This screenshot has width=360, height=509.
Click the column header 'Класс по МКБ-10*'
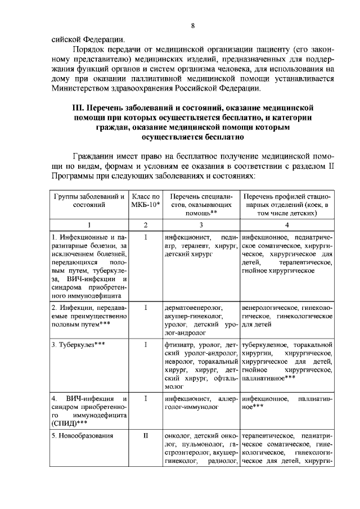click(145, 201)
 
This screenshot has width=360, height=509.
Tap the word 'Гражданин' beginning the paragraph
click(97, 156)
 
